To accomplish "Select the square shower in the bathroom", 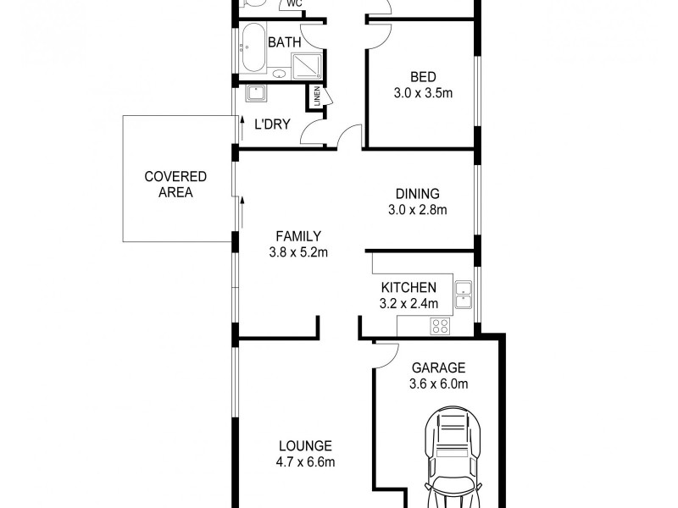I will [304, 64].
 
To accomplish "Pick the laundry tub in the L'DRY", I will [256, 95].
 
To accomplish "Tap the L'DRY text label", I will [272, 124].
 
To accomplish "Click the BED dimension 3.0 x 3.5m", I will [423, 93].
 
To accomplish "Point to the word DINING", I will [417, 194].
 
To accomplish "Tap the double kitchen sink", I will [463, 293].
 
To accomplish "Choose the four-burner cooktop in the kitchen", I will [441, 325].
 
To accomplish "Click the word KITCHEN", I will [408, 288].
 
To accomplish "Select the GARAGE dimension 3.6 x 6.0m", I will [438, 384].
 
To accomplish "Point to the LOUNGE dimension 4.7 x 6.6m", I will [306, 462].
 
